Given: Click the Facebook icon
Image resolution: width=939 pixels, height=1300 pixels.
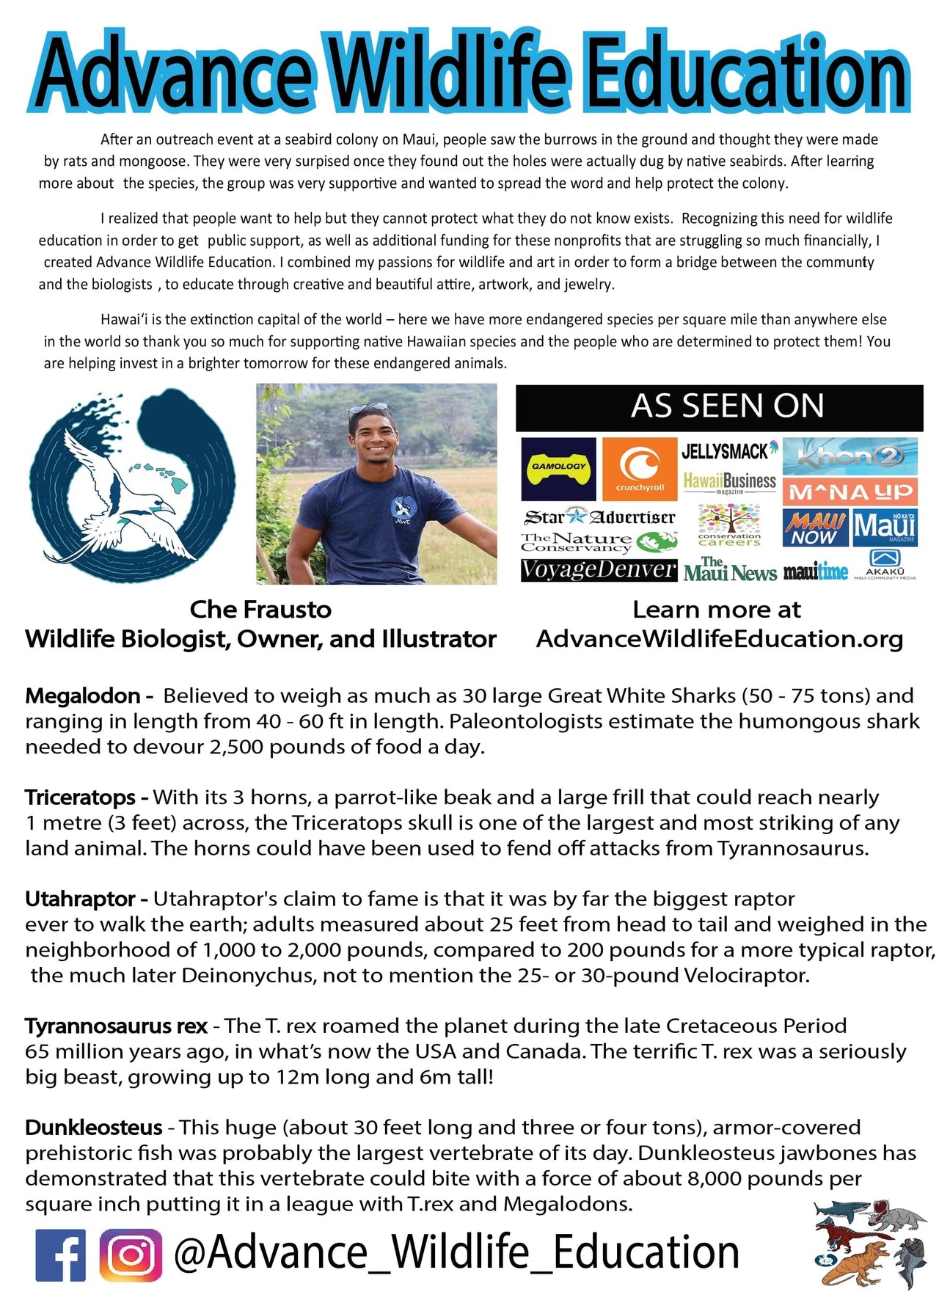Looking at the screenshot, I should point(60,1255).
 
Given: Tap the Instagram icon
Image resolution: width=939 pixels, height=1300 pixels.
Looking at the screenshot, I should point(131,1255).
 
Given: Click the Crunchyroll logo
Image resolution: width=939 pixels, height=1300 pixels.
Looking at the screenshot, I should point(639,469).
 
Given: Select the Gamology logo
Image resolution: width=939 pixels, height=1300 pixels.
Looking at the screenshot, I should point(558,469).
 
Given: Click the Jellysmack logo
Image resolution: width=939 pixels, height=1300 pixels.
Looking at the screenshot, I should point(729,450).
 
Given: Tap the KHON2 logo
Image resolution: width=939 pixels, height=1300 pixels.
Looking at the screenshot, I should point(850,456).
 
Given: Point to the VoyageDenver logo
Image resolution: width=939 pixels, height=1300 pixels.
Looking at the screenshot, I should point(598,570).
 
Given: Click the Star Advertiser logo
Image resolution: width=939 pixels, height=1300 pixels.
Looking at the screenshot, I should point(599,517).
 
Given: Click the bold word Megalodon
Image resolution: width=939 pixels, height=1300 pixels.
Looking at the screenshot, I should point(83,695).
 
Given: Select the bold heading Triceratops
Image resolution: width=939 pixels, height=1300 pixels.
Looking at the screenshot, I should point(81,797).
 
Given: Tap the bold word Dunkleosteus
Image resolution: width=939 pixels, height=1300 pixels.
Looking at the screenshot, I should point(94,1127).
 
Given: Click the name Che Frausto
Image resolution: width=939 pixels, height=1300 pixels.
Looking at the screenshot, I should point(260,609).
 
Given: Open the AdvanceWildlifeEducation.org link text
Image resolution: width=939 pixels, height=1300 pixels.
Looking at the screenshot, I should point(720,639).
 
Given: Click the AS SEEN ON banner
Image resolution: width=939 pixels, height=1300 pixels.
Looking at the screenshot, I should point(719,407).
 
